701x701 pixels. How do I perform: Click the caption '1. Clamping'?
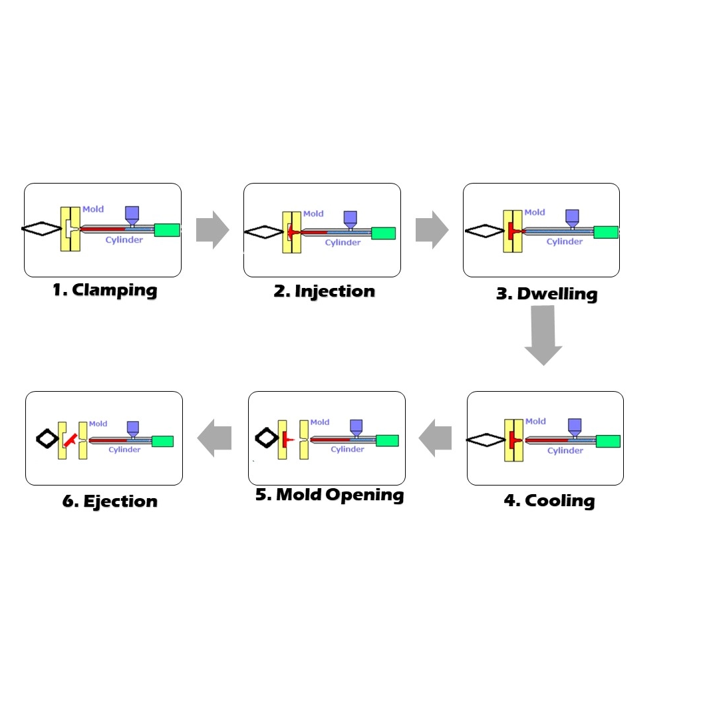(105, 290)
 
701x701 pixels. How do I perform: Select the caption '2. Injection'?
(325, 291)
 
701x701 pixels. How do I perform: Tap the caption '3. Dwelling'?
(547, 294)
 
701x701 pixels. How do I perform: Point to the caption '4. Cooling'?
(549, 501)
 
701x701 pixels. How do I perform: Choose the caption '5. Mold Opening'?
(330, 495)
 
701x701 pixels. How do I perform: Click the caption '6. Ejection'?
(110, 501)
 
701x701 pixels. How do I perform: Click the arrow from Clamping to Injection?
(212, 230)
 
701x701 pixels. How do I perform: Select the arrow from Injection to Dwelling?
(432, 230)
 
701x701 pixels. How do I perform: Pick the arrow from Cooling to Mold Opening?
(435, 438)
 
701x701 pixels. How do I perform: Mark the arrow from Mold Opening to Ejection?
(214, 438)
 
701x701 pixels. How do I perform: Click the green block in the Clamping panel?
(167, 230)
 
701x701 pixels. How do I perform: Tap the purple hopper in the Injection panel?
(350, 218)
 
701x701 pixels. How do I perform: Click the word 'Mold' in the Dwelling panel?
(535, 212)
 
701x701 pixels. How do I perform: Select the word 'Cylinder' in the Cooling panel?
(565, 450)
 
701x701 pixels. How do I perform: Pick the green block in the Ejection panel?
(162, 441)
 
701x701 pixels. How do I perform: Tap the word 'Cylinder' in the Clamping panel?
(124, 239)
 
